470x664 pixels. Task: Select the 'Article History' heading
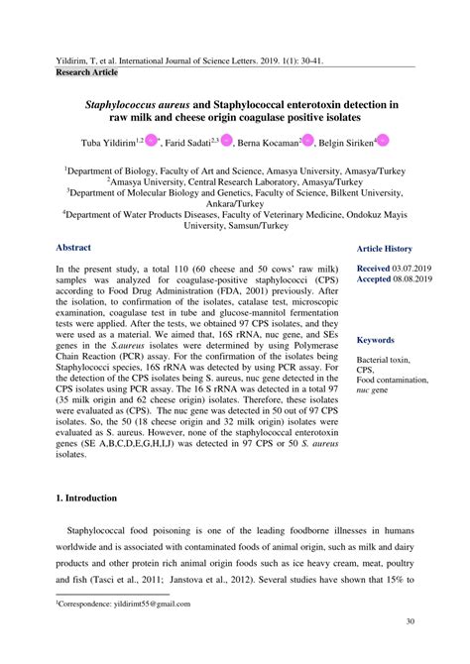click(x=385, y=249)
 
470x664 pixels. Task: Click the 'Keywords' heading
click(x=376, y=339)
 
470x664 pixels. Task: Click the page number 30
click(x=409, y=621)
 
